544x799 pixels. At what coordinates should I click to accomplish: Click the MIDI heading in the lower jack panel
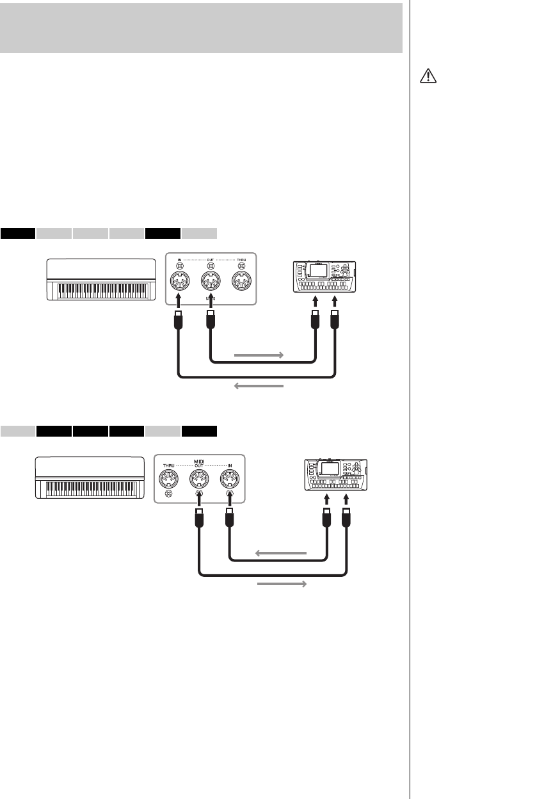199,460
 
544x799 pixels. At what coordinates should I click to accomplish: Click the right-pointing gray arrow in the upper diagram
259,354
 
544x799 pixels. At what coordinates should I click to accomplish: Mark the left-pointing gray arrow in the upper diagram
259,386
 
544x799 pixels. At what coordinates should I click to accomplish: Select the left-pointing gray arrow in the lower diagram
282,553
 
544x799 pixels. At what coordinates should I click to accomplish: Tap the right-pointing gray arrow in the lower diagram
282,585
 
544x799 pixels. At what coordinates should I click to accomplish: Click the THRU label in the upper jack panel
241,259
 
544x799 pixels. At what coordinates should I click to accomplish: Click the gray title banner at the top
201,28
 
